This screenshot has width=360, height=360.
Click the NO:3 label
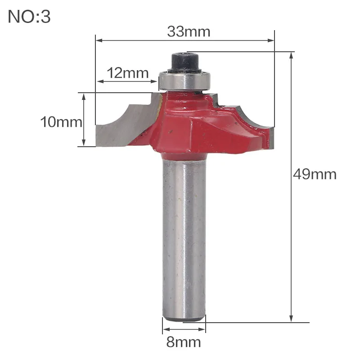(29, 17)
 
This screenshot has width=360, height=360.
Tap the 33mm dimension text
(189, 31)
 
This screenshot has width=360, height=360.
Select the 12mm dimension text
(128, 73)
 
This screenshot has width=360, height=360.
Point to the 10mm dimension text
(61, 122)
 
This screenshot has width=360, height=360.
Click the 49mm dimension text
(315, 174)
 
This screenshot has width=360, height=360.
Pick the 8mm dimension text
(184, 342)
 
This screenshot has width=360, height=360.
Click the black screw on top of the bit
(184, 63)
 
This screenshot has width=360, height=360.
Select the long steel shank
(184, 239)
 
